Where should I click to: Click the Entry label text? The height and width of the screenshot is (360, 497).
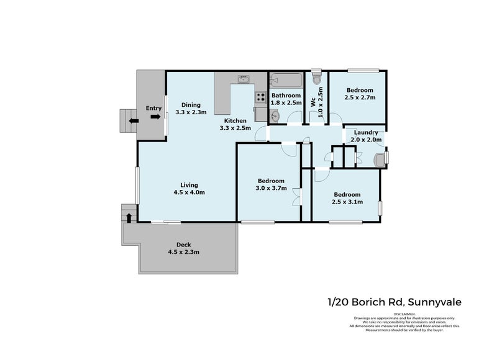click(x=152, y=108)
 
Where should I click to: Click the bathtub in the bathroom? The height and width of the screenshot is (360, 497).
click(x=286, y=80)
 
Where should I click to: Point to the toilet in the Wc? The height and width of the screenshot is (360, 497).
click(x=317, y=79)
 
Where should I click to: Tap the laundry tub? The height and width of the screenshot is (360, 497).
click(x=378, y=159)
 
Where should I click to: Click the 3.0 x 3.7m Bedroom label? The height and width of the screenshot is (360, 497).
click(x=270, y=184)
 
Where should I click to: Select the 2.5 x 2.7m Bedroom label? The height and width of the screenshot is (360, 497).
click(x=360, y=94)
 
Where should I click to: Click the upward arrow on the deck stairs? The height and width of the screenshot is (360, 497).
click(x=129, y=217)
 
